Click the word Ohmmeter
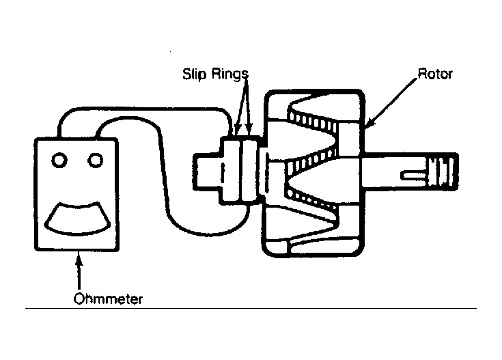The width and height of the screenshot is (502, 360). [x=108, y=299]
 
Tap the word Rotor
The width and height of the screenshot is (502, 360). [x=435, y=74]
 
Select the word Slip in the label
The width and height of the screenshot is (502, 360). [x=194, y=74]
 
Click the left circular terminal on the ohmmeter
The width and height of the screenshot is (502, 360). [x=59, y=160]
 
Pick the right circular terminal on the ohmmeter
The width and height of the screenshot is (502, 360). [x=96, y=160]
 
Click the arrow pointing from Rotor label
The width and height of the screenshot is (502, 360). [x=391, y=102]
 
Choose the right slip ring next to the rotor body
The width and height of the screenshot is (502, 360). [x=250, y=170]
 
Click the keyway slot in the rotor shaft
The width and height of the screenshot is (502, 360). [x=414, y=175]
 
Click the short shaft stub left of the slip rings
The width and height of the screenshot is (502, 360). [x=206, y=171]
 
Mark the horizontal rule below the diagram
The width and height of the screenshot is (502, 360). [x=251, y=309]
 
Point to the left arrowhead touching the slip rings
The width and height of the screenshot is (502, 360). [x=237, y=130]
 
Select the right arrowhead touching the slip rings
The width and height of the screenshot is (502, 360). [x=249, y=130]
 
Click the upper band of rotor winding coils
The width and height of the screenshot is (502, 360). [x=312, y=120]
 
